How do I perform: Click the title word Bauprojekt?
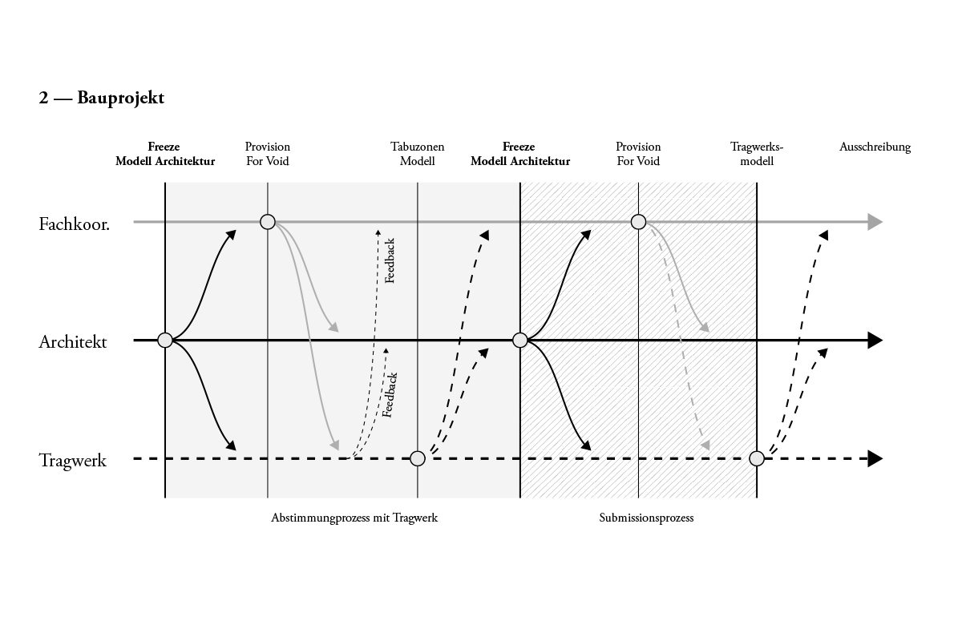121,98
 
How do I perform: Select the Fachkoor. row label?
74,224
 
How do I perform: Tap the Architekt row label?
73,342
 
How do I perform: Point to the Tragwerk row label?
73,461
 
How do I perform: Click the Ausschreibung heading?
875,147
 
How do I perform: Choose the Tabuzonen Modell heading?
417,154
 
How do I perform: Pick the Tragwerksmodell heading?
757,154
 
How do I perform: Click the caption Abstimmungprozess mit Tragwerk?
354,518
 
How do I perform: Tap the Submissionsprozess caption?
646,518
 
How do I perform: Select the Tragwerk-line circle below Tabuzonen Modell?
418,458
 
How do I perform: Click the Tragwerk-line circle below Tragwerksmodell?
757,458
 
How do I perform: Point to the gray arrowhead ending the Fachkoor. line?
875,222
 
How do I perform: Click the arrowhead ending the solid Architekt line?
875,341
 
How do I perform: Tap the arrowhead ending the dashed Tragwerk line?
875,459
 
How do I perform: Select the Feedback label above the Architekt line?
390,260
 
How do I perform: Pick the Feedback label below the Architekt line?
390,394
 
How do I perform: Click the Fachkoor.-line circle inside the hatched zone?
638,222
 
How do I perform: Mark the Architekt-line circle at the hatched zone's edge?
519,341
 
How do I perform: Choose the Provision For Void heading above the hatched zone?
638,154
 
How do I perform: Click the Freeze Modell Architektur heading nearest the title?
165,154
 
